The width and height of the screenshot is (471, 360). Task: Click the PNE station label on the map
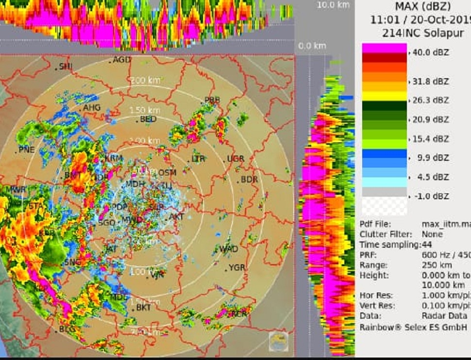coord(27,150)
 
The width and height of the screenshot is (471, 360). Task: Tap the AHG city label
coord(92,107)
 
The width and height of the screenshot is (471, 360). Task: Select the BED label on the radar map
coord(148,119)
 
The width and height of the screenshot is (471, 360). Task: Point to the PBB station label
coord(212,100)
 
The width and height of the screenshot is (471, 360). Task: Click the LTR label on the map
coord(198,159)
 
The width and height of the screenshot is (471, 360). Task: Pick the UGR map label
coord(235,159)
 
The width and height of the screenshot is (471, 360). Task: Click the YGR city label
coord(237,268)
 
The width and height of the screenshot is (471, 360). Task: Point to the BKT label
coord(144,308)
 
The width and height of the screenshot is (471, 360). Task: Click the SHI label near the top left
coord(66,67)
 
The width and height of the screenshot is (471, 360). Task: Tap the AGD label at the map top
coord(122,60)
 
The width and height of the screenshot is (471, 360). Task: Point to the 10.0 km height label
coord(333,5)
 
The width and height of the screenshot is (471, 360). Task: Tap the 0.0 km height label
coord(312,46)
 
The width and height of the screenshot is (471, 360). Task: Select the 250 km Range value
coord(436,265)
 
